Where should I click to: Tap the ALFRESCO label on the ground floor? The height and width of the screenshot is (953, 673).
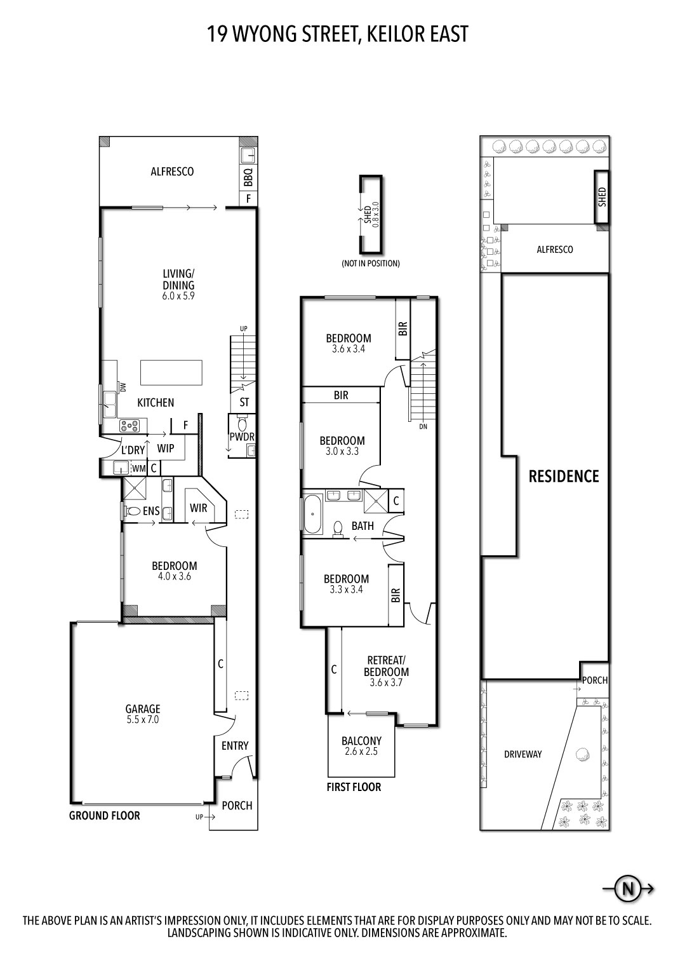pyautogui.click(x=172, y=172)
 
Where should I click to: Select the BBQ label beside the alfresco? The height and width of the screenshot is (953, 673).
pyautogui.click(x=248, y=177)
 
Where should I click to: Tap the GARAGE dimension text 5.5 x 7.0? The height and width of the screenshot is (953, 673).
pyautogui.click(x=142, y=720)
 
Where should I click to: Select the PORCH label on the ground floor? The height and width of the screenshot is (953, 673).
pyautogui.click(x=237, y=806)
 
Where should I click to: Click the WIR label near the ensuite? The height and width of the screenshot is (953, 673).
pyautogui.click(x=198, y=508)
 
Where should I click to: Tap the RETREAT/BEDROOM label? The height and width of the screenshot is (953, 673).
pyautogui.click(x=386, y=666)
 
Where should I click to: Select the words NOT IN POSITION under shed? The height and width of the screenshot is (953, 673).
pyautogui.click(x=370, y=263)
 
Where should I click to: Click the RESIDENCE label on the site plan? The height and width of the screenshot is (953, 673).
pyautogui.click(x=564, y=476)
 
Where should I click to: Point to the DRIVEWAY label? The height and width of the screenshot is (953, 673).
pyautogui.click(x=523, y=754)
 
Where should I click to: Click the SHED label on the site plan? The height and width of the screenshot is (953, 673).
pyautogui.click(x=602, y=196)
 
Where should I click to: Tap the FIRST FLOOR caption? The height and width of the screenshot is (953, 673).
pyautogui.click(x=354, y=787)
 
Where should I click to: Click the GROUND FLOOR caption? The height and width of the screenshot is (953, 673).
pyautogui.click(x=104, y=816)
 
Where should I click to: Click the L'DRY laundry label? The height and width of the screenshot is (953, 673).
pyautogui.click(x=133, y=450)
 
